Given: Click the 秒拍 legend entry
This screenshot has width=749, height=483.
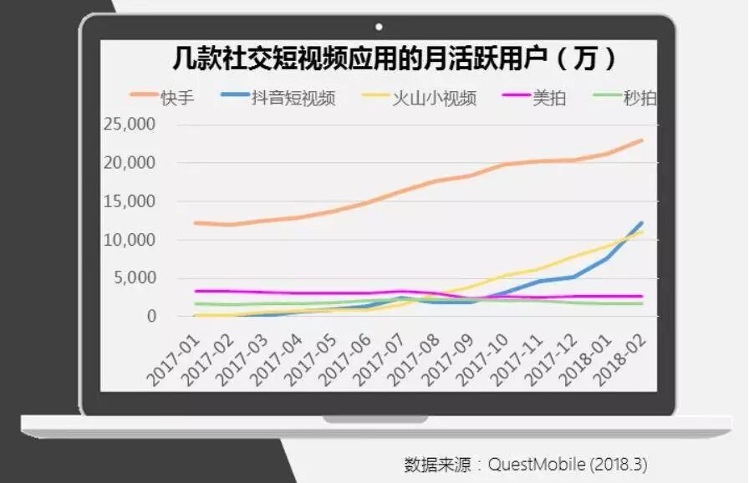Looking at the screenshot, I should click(x=639, y=98).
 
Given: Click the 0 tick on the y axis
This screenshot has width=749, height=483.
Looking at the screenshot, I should click(x=151, y=317).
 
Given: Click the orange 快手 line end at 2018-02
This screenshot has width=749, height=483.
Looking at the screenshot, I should click(x=642, y=140).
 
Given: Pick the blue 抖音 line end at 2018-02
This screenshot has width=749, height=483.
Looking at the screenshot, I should click(x=642, y=223).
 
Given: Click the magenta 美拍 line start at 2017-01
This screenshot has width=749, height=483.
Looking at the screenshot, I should click(x=195, y=291).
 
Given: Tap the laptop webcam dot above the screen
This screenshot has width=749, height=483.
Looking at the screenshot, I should click(x=379, y=27).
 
